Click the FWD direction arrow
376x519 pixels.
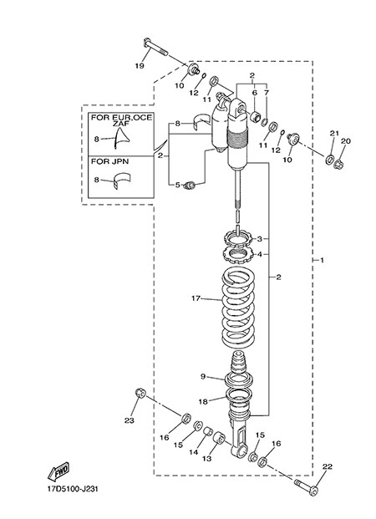point(58,471)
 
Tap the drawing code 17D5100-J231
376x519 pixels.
point(73,489)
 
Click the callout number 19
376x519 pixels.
point(140,66)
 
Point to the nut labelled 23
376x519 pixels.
point(140,394)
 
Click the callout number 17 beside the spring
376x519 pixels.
point(196,298)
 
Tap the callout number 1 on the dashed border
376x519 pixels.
point(322,261)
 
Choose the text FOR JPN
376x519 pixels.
point(110,162)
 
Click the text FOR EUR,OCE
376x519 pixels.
point(122,117)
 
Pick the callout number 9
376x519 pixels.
point(203,376)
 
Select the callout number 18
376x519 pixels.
point(203,402)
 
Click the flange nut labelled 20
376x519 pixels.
point(338,163)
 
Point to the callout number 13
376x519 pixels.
point(207,459)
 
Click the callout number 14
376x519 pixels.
point(193,452)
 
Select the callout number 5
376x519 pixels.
point(177,185)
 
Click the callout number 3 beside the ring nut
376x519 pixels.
point(260,239)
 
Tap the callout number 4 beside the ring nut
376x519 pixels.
point(260,254)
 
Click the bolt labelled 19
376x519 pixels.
point(156,48)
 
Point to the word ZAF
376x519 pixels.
point(122,123)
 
